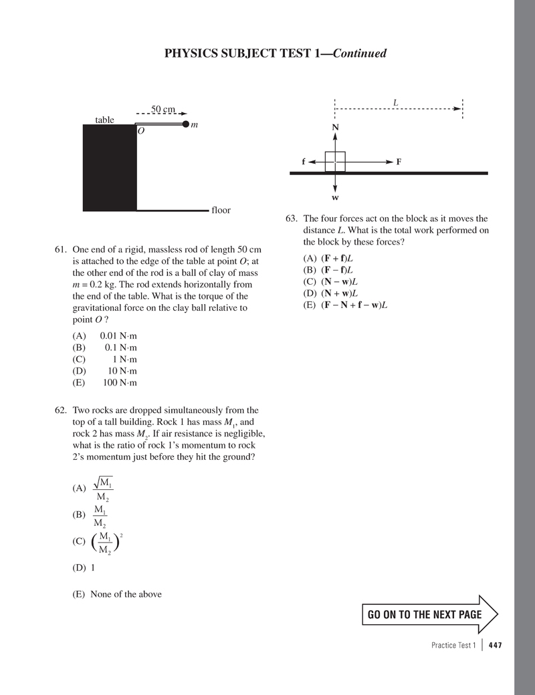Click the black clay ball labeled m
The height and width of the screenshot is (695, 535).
[x=185, y=124]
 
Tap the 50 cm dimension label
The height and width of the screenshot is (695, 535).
[x=163, y=109]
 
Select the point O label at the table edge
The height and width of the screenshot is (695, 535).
[x=141, y=132]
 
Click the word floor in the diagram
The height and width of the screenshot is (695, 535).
[x=221, y=210]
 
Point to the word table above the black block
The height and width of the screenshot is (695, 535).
[x=104, y=120]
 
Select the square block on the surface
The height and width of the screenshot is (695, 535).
[x=335, y=162]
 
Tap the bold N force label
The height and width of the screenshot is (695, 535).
[x=335, y=128]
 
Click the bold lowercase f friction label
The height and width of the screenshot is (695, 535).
[x=304, y=162]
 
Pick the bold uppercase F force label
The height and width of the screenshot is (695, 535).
[x=399, y=162]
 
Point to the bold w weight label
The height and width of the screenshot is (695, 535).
[x=335, y=198]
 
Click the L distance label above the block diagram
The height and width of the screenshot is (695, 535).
[x=396, y=103]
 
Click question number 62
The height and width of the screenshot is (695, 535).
[x=61, y=410]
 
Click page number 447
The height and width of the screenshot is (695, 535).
[x=495, y=645]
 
